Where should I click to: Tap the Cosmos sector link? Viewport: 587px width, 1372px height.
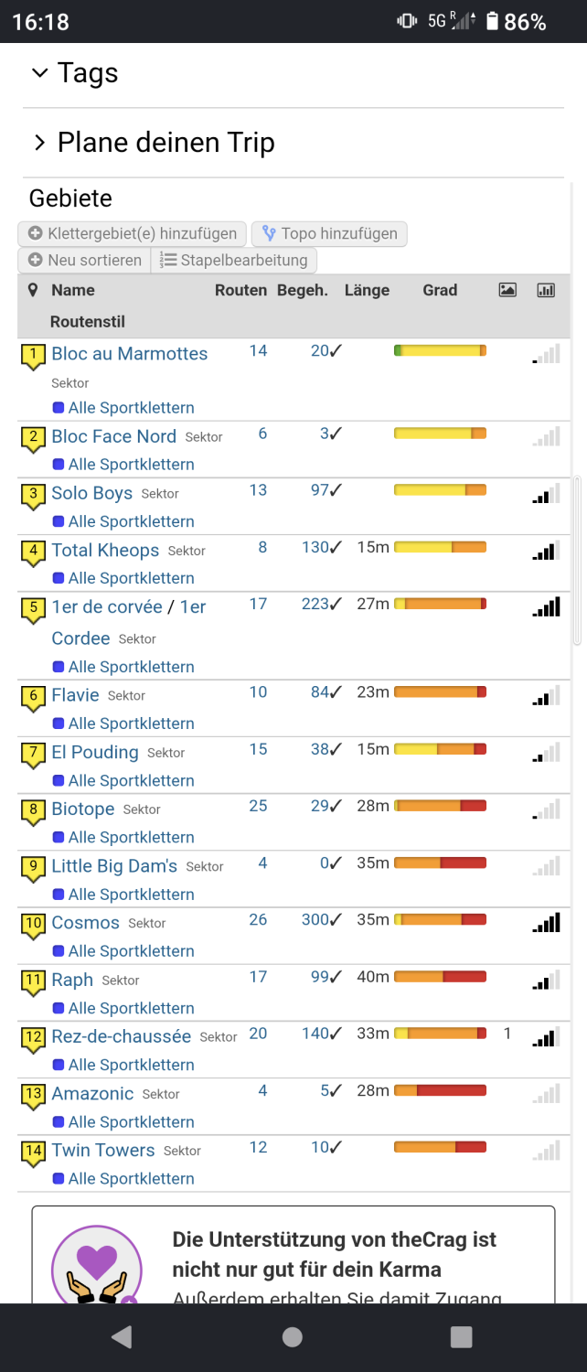pos(85,922)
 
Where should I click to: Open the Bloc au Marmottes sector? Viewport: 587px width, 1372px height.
pos(129,353)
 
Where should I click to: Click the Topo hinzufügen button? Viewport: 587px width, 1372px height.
pos(329,233)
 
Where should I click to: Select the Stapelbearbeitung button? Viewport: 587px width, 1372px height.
pos(234,261)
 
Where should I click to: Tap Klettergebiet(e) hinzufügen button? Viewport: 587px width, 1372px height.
pos(133,233)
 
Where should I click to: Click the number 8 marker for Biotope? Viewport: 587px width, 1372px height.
pos(34,811)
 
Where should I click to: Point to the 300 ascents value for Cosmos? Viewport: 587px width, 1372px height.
pos(321,920)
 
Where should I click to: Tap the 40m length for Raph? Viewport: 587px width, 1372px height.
pos(373,976)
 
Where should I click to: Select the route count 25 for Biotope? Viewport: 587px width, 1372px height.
pos(258,806)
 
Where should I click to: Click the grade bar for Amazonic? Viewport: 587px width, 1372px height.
pos(440,1090)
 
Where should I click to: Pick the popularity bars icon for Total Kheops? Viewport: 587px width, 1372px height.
pos(546,552)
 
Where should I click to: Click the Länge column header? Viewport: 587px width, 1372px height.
pos(367,290)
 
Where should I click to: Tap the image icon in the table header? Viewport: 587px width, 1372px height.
pos(507,290)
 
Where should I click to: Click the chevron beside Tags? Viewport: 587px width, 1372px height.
pos(40,73)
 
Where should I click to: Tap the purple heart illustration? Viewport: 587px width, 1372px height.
pos(97,1261)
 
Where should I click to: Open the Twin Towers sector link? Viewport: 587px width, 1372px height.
pos(102,1151)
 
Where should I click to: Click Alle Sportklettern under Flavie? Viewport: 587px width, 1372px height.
pos(131,724)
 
